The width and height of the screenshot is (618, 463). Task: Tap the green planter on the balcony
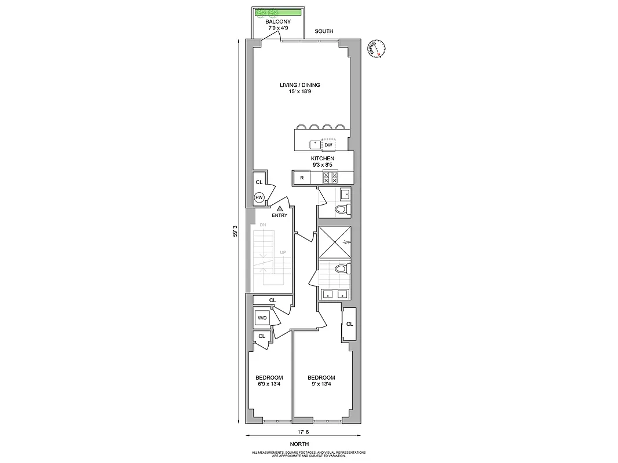[x=279, y=12]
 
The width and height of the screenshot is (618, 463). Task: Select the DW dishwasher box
[x=329, y=145]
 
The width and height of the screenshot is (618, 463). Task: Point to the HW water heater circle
[x=259, y=198]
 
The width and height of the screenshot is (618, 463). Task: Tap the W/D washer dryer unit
[x=262, y=318]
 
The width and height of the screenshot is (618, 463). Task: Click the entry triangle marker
[x=279, y=208]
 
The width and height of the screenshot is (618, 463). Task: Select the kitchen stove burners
[x=330, y=178]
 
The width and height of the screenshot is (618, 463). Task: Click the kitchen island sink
[x=315, y=144]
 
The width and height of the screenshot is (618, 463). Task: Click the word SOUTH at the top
[x=324, y=31]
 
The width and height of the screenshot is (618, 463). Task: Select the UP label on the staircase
[x=283, y=253]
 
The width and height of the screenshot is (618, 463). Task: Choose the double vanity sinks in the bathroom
[x=335, y=293]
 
